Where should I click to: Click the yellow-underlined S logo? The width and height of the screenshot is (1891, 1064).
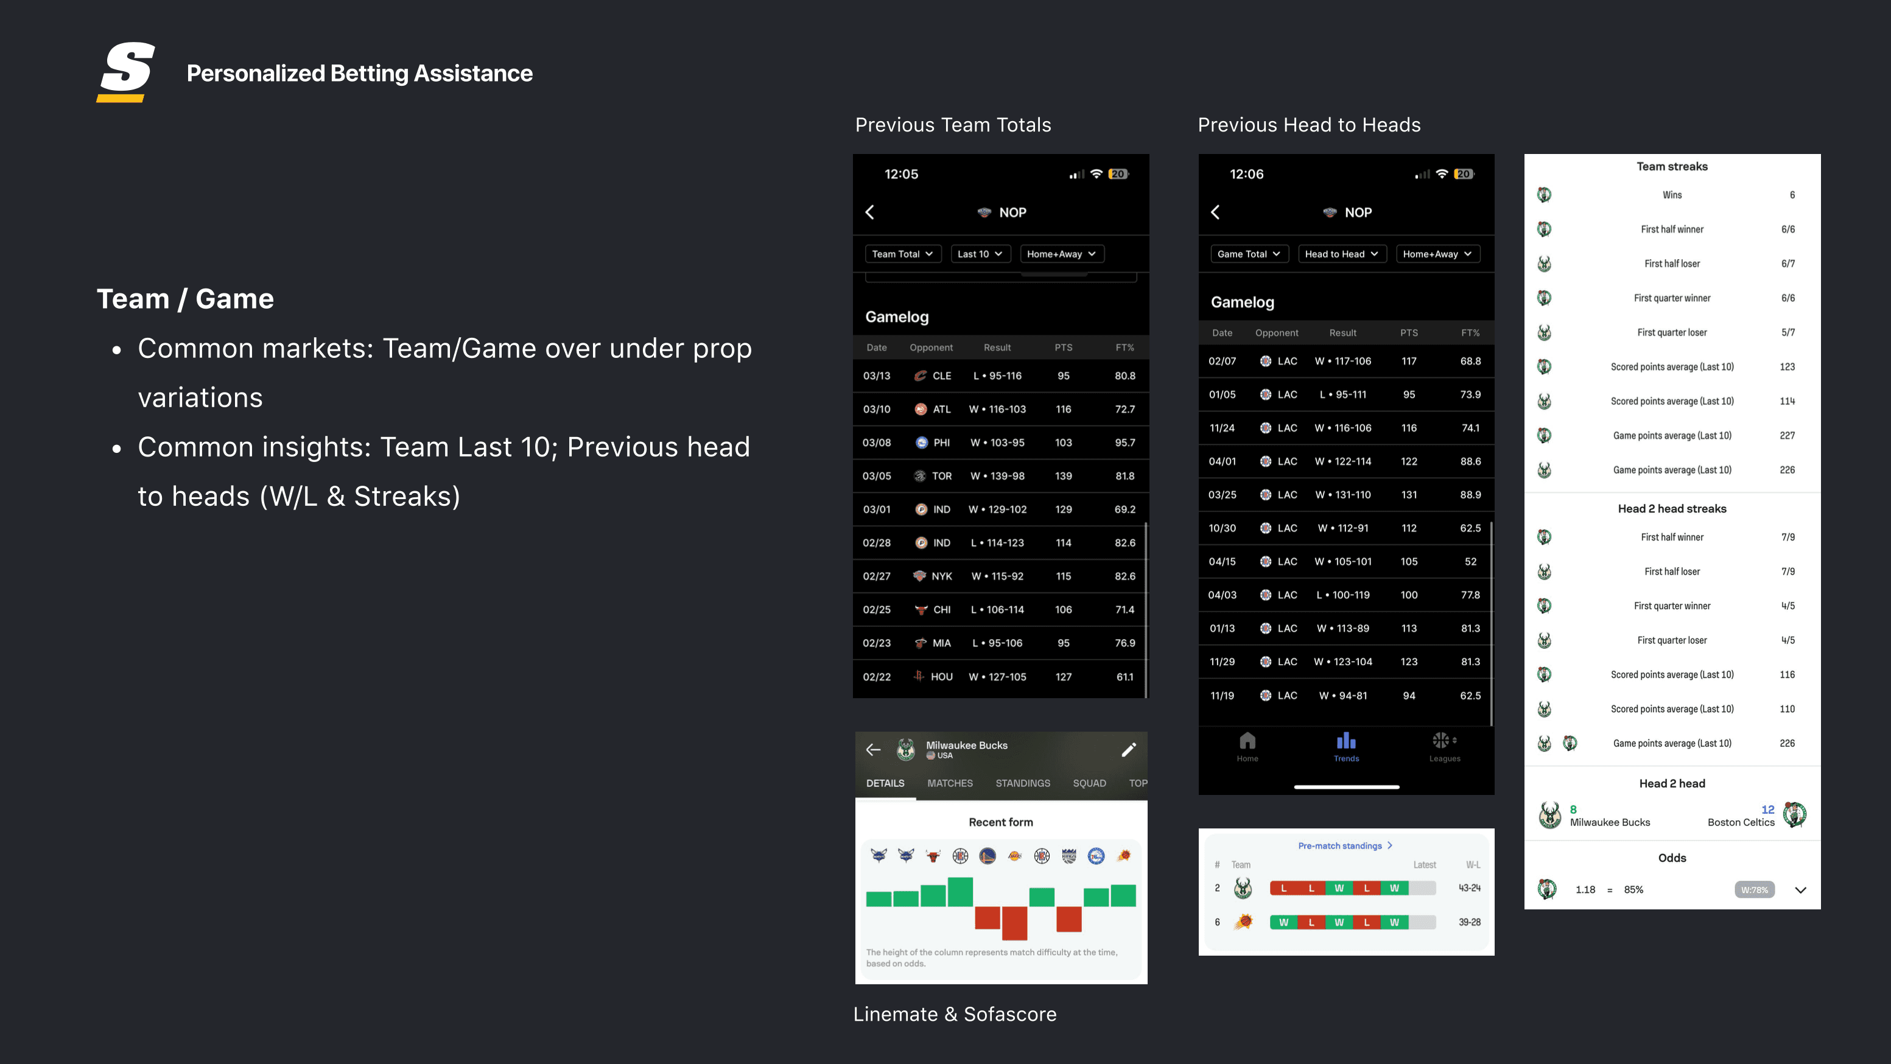125,72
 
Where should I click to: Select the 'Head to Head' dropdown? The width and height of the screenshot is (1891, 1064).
1342,254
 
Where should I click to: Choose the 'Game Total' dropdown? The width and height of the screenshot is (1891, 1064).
1249,254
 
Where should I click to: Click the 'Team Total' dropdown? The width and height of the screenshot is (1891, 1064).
903,254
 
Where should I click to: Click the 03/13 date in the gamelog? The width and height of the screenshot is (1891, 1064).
877,376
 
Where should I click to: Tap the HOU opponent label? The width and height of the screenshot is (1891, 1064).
942,676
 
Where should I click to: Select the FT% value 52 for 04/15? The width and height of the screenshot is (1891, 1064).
1470,561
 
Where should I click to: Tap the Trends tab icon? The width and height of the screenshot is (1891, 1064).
1346,741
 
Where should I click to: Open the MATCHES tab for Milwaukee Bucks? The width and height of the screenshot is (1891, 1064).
950,783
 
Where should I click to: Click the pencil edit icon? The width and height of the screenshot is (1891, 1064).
1129,749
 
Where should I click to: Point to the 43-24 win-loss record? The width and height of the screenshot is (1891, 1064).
1470,888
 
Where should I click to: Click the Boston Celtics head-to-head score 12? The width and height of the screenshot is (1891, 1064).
1767,810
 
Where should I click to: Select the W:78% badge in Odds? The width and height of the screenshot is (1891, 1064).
1755,890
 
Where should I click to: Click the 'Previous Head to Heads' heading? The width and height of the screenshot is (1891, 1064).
1309,125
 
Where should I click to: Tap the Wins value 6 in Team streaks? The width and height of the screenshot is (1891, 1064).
1792,195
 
